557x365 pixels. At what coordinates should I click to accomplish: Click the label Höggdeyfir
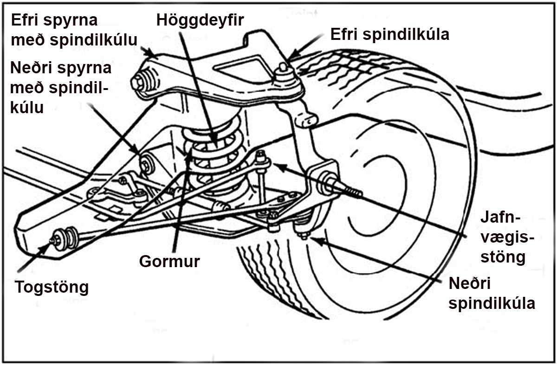point(200,20)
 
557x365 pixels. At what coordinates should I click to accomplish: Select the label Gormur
point(169,261)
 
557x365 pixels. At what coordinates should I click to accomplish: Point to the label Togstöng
point(52,287)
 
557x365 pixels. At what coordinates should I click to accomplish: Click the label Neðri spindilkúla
point(492,293)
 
